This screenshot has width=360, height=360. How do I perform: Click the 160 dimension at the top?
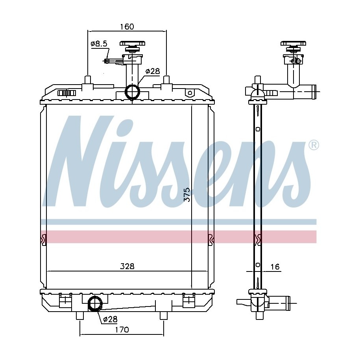[127, 27]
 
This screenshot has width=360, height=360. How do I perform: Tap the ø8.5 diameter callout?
[99, 44]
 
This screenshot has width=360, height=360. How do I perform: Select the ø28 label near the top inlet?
[153, 71]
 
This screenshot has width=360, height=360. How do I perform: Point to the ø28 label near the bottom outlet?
[110, 319]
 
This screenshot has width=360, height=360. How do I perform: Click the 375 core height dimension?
[187, 195]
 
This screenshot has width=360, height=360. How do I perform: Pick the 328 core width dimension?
[127, 266]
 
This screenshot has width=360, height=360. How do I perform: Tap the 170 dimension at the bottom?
[122, 330]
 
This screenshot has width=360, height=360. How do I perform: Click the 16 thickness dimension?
[275, 266]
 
